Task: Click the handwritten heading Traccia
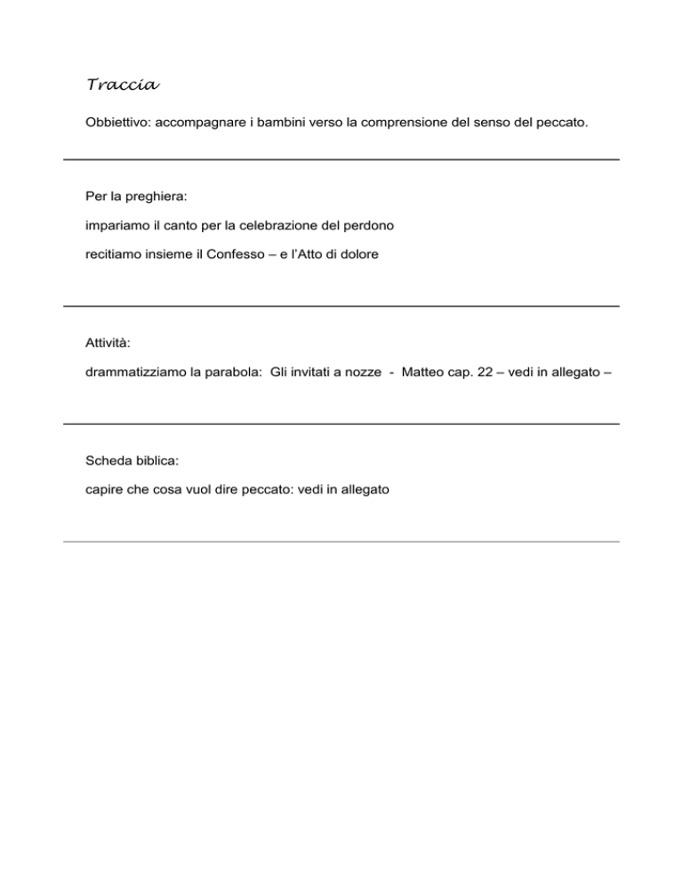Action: coord(123,85)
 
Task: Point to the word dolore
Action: coord(358,253)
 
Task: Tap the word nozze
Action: coord(356,374)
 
